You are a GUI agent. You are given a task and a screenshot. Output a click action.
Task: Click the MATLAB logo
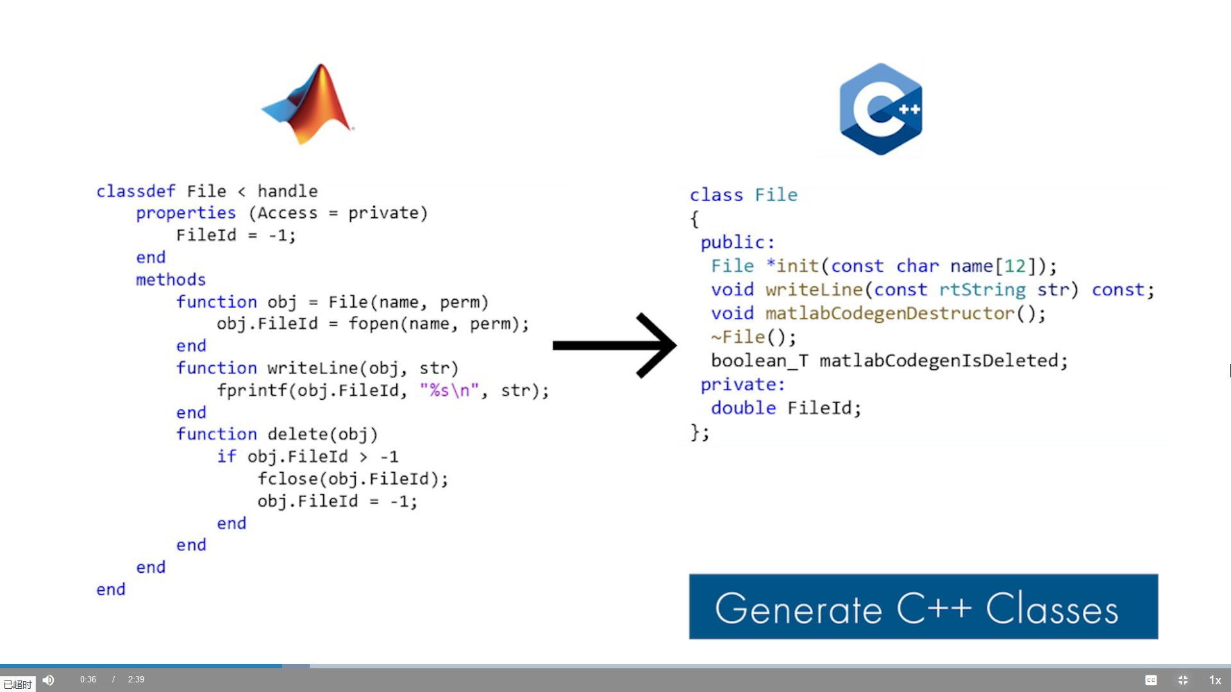coord(309,104)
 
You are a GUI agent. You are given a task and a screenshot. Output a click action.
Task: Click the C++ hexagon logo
coord(881,109)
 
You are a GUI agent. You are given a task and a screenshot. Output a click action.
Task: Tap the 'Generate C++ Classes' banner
coord(923,606)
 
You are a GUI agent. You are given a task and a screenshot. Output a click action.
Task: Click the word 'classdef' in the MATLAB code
coord(135,192)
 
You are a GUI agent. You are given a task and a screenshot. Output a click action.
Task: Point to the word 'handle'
coord(287,192)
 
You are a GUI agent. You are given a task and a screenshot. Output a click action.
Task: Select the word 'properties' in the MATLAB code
coord(185,213)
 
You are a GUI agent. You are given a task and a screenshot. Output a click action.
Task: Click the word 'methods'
coord(171,280)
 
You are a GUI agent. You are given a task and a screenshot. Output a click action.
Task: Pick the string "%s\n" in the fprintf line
coord(449,391)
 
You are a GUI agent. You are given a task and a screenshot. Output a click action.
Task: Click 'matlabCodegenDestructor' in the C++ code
coord(890,314)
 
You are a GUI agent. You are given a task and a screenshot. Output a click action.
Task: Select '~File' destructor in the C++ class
coord(738,338)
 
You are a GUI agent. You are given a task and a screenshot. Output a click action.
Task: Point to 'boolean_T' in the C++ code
coord(760,361)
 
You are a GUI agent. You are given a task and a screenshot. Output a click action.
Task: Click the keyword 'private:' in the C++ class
coord(742,385)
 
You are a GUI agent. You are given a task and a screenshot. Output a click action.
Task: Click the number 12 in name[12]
coord(1015,267)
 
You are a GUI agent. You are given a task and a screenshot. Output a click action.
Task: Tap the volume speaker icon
coord(49,680)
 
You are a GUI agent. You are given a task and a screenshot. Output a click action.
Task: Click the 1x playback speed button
coord(1215,680)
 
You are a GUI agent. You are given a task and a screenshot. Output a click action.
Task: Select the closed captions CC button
coord(1151,680)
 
